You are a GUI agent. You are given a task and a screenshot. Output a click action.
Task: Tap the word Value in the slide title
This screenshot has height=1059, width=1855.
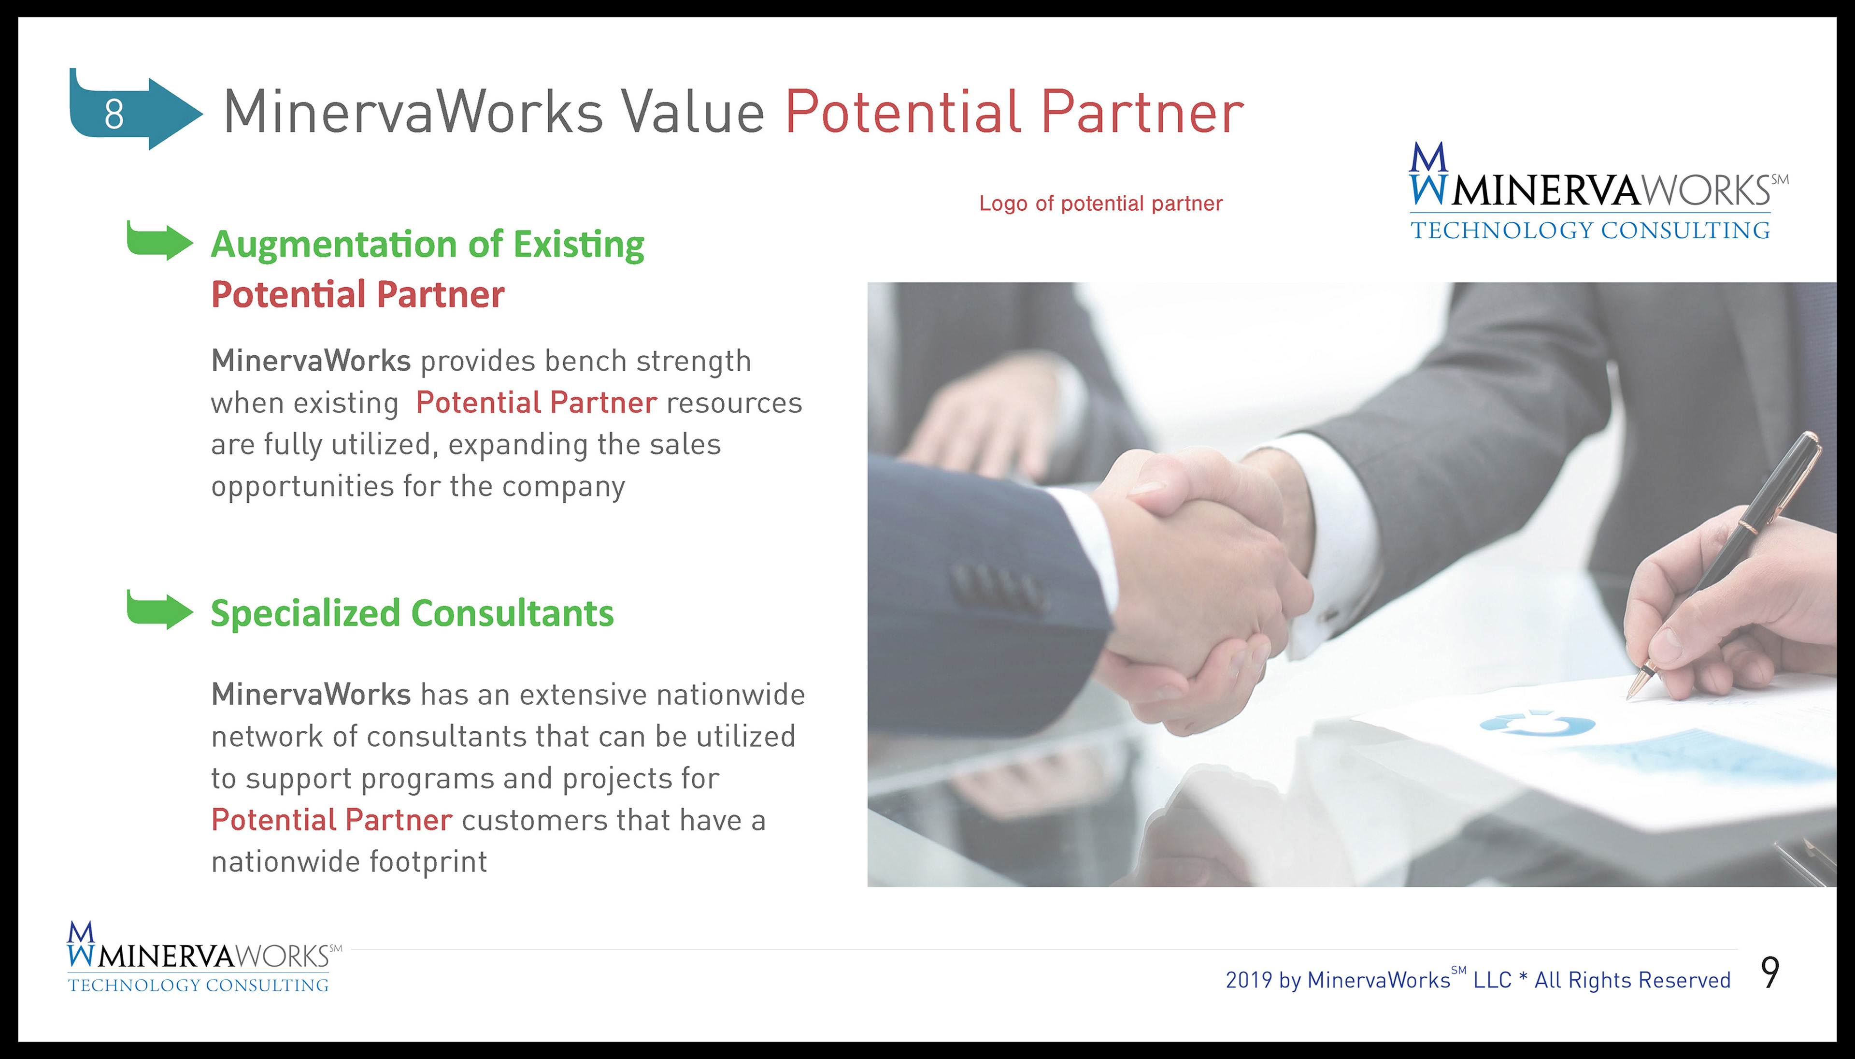693,112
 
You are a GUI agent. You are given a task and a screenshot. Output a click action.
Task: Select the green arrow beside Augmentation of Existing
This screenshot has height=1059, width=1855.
160,240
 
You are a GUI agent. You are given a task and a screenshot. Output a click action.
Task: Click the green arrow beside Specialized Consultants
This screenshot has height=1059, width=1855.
160,609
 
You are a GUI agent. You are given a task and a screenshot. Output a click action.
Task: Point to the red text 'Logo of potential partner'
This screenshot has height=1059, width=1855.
1100,203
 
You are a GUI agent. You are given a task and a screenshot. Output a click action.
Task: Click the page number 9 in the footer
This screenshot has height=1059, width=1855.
1770,972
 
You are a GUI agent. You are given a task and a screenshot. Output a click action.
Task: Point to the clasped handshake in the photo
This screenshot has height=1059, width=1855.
1199,582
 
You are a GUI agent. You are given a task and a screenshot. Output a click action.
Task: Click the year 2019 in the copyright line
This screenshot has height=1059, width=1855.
1249,980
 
